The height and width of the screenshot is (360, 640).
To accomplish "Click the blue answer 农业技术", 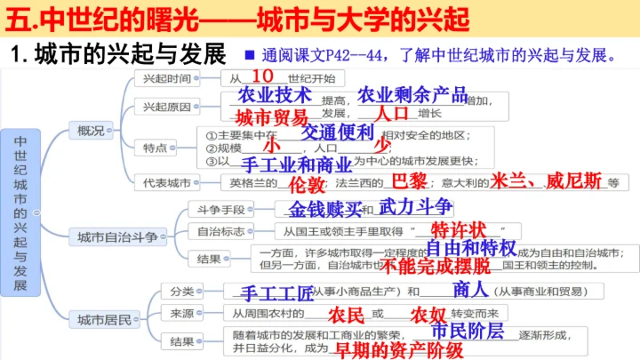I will (275, 94).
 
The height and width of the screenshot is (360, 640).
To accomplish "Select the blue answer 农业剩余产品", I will (412, 94).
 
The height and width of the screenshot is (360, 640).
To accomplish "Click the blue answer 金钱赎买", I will (326, 210).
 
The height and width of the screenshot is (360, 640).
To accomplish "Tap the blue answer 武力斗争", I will (415, 207).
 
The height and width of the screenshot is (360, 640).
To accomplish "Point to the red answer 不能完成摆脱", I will (444, 265).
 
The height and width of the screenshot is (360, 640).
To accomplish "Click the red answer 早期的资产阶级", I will (397, 349).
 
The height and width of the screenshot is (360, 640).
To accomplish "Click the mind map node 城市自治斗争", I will (116, 236).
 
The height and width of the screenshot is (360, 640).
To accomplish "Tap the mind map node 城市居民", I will (103, 317).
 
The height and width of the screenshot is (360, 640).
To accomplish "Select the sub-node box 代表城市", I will (167, 182).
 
